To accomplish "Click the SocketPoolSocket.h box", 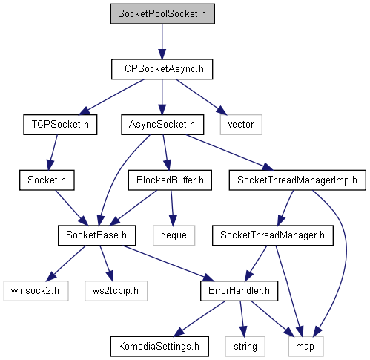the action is pos(162,14).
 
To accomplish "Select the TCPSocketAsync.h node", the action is pos(162,69).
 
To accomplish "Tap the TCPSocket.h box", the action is pos(60,125).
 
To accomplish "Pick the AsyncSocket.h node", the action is pos(162,125).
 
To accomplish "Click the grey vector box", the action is pos(241,125).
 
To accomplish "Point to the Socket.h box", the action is pos(47,180).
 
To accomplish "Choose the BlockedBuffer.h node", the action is pos(170,180).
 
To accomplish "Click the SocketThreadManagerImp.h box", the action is pos(297,180).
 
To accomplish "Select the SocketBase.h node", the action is pos(96,235).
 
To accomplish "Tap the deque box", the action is pos(174,235).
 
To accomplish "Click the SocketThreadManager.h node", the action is pos(273,235).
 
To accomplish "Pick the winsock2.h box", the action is pos(36,291).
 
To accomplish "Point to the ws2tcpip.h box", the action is pos(116,291).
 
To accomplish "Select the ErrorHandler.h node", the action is pos(239,291).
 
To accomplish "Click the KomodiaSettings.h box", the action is pos(159,346).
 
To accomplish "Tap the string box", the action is pos(245,346).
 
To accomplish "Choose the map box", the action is pos(305,346).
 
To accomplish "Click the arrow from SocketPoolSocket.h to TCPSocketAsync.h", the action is pos(162,42).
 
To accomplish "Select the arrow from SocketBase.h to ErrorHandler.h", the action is pos(168,263).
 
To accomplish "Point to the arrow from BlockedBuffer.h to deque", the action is pos(172,208).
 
